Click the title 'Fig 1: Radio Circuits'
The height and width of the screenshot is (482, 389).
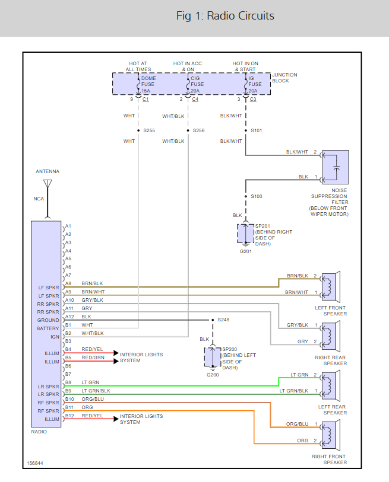pos(225,16)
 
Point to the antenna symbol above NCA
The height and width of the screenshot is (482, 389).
pos(48,184)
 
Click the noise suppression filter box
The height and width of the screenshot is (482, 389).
pos(335,167)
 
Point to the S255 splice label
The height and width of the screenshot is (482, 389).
pos(149,130)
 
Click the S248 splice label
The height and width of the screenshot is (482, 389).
pos(223,320)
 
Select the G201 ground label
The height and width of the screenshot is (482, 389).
pos(245,251)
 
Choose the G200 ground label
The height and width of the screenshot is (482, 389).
pos(212,375)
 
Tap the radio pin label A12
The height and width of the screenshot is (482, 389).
pos(68,317)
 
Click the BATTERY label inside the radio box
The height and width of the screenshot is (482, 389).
pos(48,328)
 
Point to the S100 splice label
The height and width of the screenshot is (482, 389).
pos(256,196)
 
